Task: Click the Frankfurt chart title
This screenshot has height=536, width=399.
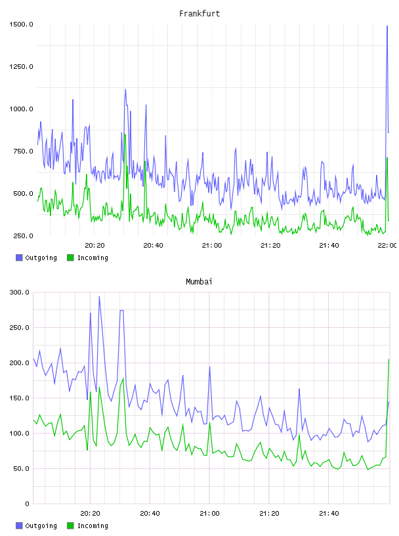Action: point(199,14)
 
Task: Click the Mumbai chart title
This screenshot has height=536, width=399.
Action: point(199,282)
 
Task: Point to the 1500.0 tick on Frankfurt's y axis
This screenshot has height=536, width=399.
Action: point(21,24)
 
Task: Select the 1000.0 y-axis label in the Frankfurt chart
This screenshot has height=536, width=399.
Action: point(21,109)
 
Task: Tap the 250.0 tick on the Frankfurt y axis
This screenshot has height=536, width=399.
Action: point(23,236)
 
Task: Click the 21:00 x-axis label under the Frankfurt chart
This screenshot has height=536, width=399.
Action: point(212,246)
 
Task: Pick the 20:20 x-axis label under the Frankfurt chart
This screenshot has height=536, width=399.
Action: point(94,246)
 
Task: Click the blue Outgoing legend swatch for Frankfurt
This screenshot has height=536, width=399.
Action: point(19,257)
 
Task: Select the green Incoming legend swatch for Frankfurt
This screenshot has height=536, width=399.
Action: point(70,257)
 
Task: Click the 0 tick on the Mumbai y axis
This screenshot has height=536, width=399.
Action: point(28,504)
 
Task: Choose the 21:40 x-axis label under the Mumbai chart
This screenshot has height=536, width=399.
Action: point(329,514)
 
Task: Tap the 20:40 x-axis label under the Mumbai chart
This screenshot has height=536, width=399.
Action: point(150,514)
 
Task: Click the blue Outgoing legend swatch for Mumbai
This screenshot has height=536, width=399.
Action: point(19,525)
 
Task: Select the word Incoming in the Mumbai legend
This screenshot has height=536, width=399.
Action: point(93,526)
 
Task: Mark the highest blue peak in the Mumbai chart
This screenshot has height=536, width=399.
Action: point(99,297)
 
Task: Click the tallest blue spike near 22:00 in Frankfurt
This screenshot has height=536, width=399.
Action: point(387,26)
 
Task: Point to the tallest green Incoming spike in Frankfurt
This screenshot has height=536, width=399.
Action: point(125,135)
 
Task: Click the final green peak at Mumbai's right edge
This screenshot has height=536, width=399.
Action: point(388,359)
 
